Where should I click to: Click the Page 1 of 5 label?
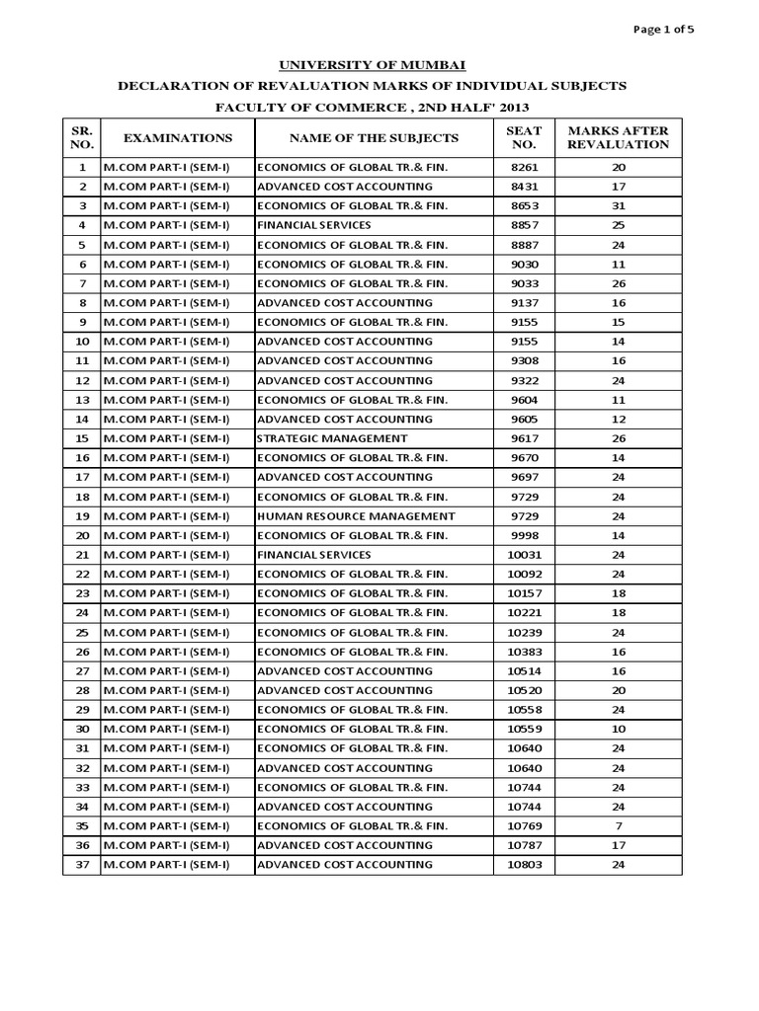664,29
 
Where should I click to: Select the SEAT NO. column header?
524,137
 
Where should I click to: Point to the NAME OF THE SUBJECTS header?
374,137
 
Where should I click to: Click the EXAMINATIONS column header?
178,137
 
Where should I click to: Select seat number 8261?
524,167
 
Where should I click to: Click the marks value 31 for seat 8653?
619,205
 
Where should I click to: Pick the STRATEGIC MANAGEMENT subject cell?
332,438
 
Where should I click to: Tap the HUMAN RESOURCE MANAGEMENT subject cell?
356,516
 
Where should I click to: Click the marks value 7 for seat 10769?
619,825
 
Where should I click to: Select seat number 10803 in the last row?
524,865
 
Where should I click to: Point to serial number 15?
82,438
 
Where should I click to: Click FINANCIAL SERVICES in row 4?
314,225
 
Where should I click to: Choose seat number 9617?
524,438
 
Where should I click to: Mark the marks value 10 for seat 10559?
619,729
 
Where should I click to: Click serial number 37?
82,865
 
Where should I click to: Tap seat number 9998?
524,535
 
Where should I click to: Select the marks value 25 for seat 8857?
619,225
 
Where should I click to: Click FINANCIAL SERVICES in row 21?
314,555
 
